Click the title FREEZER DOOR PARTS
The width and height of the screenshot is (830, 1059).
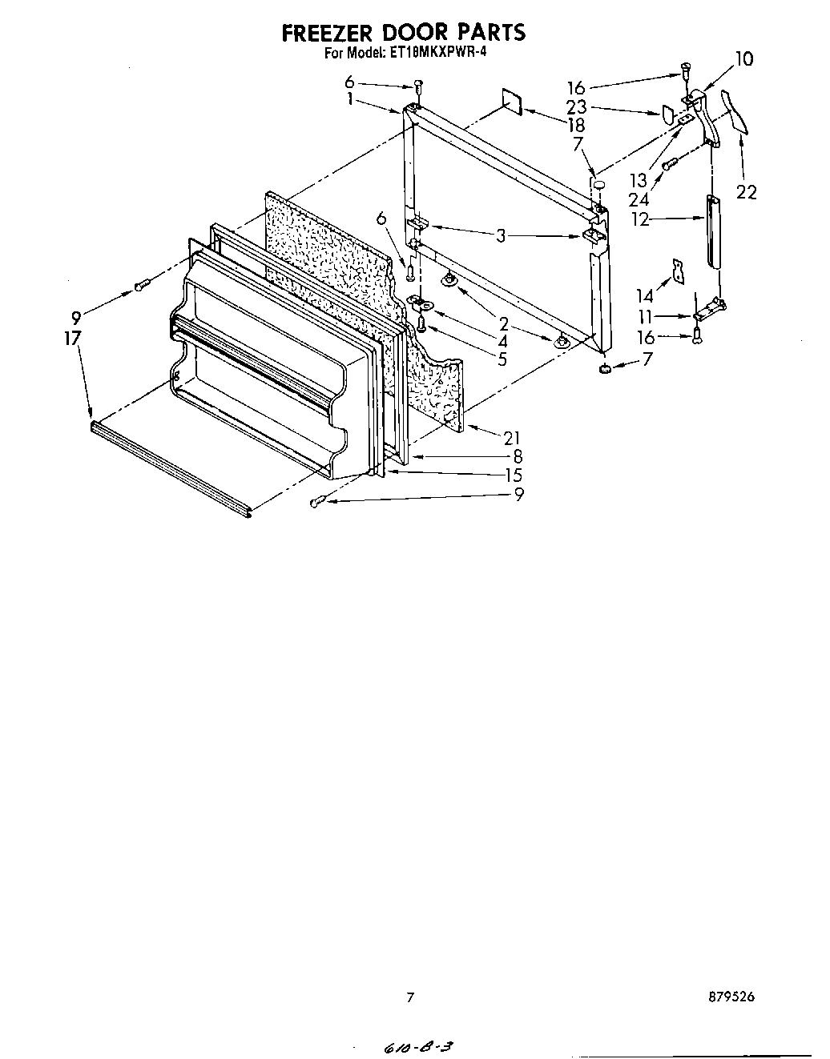(x=403, y=32)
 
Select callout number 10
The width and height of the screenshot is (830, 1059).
(x=743, y=58)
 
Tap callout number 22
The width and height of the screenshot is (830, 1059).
(x=746, y=192)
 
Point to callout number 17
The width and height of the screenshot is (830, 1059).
(x=73, y=338)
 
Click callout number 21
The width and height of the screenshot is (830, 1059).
(x=512, y=437)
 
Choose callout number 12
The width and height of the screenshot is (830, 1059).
(x=641, y=219)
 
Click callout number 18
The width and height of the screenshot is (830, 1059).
(x=575, y=125)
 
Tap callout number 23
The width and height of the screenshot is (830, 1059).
(x=575, y=106)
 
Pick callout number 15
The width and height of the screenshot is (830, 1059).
(x=514, y=475)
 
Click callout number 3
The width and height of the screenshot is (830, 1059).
(x=501, y=235)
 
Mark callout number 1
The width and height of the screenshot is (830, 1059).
(x=350, y=99)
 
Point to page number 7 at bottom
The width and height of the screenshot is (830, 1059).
(x=410, y=997)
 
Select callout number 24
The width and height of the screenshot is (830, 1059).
(x=639, y=199)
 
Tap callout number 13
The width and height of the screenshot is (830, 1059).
(x=639, y=181)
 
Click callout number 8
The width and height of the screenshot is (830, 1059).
(x=518, y=457)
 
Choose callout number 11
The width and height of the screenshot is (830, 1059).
(x=646, y=316)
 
